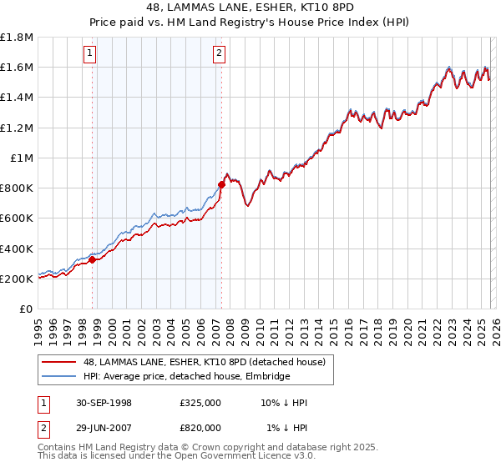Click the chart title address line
[x=250, y=8]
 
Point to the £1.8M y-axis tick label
[x=17, y=38]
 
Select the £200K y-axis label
[x=17, y=279]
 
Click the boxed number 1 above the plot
[x=90, y=55]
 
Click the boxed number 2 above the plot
[x=219, y=55]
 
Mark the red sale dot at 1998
[x=93, y=259]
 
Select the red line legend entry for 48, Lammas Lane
[x=209, y=361]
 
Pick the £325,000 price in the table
[x=200, y=403]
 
